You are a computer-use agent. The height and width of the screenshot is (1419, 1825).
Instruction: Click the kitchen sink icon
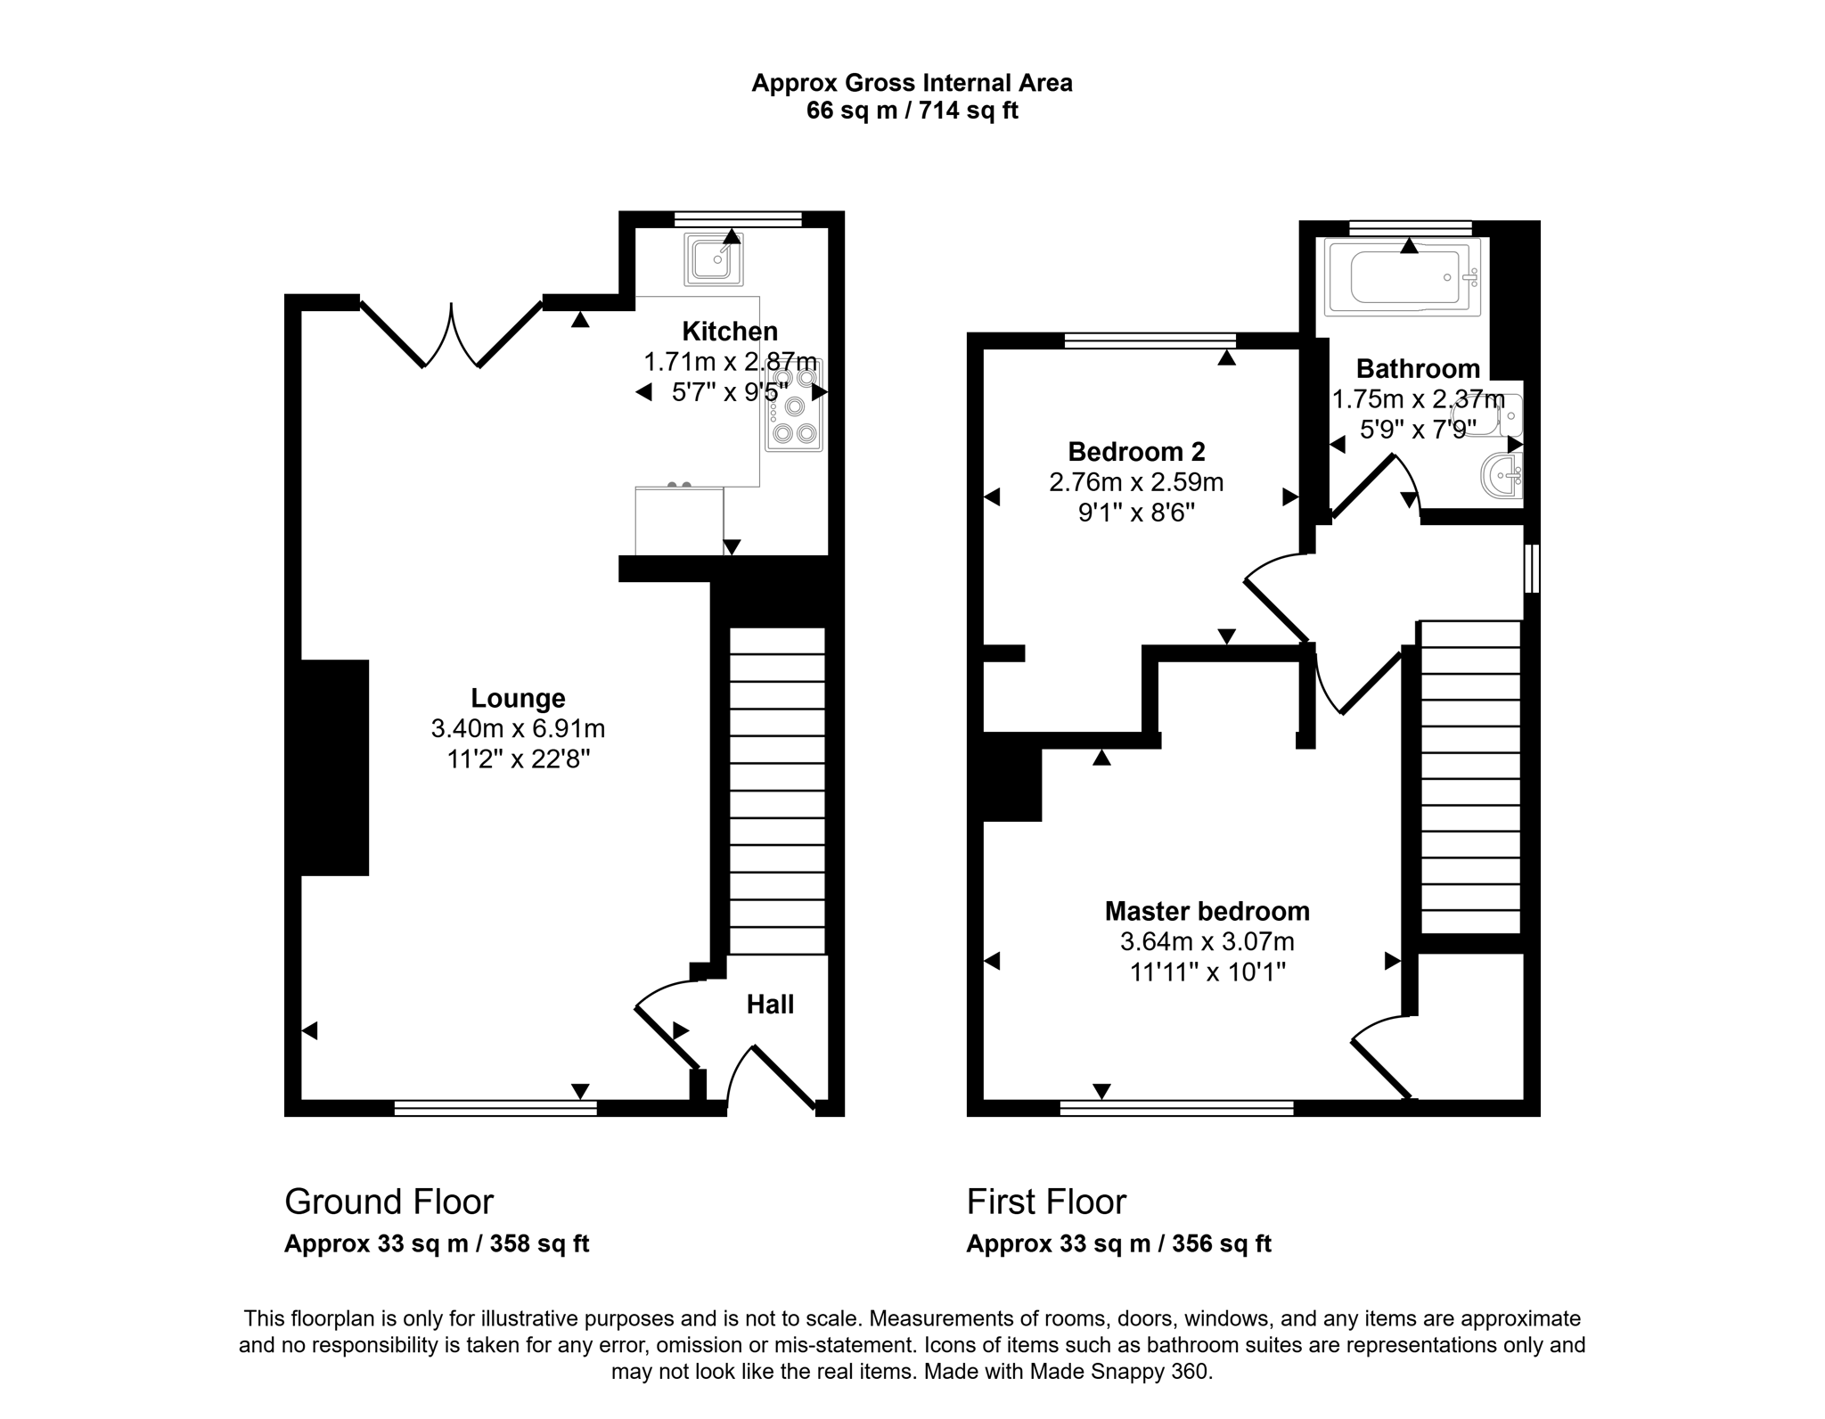point(713,258)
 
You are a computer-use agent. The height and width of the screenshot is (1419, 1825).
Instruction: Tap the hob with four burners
point(794,406)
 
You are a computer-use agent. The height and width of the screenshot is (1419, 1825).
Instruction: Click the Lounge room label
point(518,698)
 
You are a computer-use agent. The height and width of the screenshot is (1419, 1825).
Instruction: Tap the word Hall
point(770,1005)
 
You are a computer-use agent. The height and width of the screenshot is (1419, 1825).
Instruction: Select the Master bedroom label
point(1207,911)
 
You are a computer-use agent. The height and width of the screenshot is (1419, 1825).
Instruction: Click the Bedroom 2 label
point(1136,451)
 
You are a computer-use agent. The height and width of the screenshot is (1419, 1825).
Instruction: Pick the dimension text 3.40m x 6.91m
point(518,729)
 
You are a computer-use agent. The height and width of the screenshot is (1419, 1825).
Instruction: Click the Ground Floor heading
point(389,1202)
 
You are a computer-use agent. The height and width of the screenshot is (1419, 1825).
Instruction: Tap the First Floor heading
point(1046,1202)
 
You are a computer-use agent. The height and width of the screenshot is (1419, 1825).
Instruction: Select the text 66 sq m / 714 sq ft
point(912,111)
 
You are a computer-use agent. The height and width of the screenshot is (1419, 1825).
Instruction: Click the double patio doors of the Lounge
point(452,337)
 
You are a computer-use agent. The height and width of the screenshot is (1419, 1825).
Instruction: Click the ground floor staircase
point(777,792)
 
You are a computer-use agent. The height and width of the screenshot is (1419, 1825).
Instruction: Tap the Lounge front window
point(495,1108)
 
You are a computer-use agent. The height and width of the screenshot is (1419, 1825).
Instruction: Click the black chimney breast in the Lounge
point(334,767)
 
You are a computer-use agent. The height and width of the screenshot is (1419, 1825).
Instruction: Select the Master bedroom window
point(1176,1108)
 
